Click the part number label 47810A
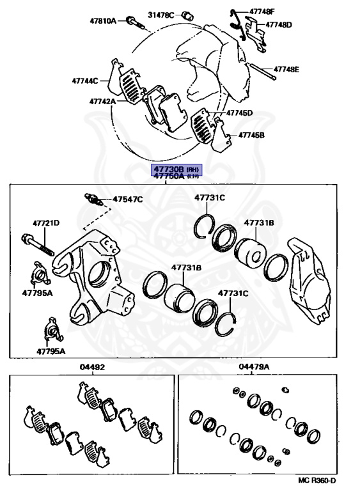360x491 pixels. pyautogui.click(x=103, y=21)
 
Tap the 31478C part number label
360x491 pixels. pyautogui.click(x=160, y=15)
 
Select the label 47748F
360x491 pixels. pyautogui.click(x=262, y=12)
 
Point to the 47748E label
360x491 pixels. pyautogui.click(x=286, y=69)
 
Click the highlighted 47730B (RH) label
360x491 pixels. pyautogui.click(x=176, y=169)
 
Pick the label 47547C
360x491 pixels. pyautogui.click(x=127, y=199)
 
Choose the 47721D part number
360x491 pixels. pyautogui.click(x=46, y=223)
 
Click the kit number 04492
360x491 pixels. pyautogui.click(x=92, y=367)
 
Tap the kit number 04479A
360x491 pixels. pyautogui.click(x=254, y=366)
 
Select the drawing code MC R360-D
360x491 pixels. pyautogui.click(x=317, y=481)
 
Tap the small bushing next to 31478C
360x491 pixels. pyautogui.click(x=188, y=15)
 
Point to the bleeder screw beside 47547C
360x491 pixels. pyautogui.click(x=93, y=199)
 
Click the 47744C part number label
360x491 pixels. pyautogui.click(x=85, y=81)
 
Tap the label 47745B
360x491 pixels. pyautogui.click(x=251, y=135)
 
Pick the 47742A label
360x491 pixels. pyautogui.click(x=102, y=102)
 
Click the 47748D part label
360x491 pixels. pyautogui.click(x=279, y=24)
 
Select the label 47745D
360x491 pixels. pyautogui.click(x=239, y=113)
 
